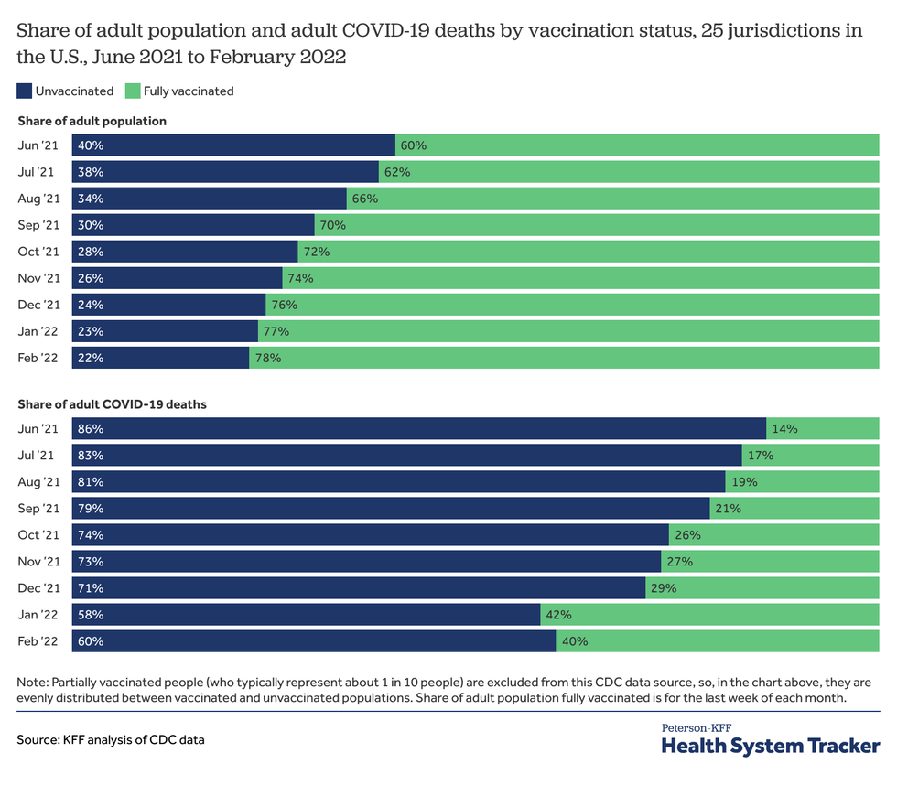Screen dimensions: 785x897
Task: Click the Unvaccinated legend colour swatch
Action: pos(25,91)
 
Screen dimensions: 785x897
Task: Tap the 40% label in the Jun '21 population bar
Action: pos(90,145)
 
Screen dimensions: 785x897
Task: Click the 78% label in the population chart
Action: pos(268,358)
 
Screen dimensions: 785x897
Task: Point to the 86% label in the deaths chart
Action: pos(90,428)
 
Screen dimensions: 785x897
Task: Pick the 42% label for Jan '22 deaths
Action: pos(559,614)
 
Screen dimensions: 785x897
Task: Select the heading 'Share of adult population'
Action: pos(92,121)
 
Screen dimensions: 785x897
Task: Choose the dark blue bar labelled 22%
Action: pos(174,358)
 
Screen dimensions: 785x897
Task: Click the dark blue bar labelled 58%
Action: pos(320,614)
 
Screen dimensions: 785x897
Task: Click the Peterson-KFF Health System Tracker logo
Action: pos(770,739)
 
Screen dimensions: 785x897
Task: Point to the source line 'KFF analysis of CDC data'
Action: pos(110,739)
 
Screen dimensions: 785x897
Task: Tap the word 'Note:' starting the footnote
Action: pos(33,682)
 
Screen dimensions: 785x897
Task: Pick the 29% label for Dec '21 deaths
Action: pos(664,587)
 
